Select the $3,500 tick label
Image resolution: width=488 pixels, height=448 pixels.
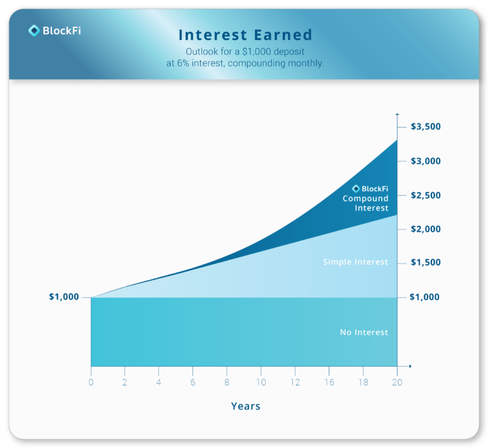[x=425, y=127]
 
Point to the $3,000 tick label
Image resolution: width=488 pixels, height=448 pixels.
[x=425, y=161]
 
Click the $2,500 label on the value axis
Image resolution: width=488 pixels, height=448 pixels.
[x=425, y=195]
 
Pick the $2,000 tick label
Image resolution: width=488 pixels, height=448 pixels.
[x=425, y=229]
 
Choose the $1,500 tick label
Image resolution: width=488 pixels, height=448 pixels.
[x=425, y=262]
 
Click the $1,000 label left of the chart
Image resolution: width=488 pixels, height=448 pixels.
[x=64, y=297]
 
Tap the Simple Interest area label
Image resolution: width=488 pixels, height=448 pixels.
[x=355, y=262]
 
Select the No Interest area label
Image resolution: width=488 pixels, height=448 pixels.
[x=363, y=332]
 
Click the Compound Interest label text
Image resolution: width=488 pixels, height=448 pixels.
[x=365, y=203]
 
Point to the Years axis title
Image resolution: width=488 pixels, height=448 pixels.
[x=245, y=406]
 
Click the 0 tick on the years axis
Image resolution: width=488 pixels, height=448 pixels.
[x=91, y=382]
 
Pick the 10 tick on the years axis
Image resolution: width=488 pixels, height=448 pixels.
[x=261, y=382]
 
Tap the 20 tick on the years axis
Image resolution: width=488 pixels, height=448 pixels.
[x=397, y=382]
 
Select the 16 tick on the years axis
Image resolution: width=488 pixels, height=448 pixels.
[x=329, y=382]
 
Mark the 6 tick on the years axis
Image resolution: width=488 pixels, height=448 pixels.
[x=193, y=382]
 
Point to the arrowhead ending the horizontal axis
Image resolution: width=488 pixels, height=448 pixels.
[x=410, y=366]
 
